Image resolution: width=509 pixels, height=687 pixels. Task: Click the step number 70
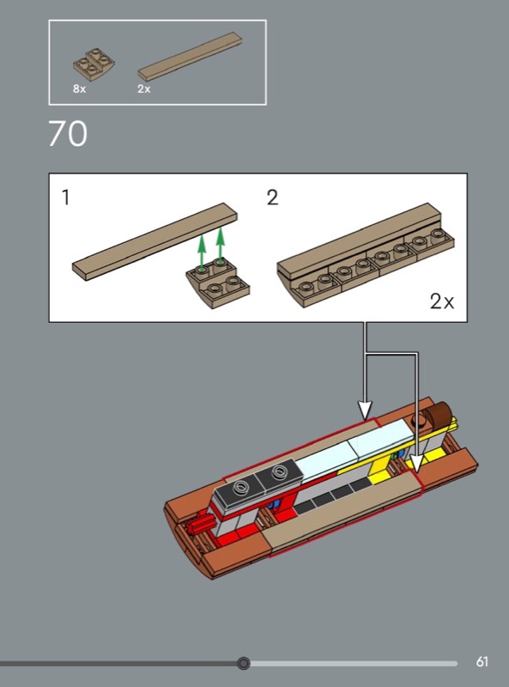click(x=68, y=134)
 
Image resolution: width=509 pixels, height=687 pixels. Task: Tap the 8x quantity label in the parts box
click(x=79, y=89)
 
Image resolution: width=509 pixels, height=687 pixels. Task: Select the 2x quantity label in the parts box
click(x=143, y=89)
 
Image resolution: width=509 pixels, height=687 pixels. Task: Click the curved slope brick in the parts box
click(x=94, y=64)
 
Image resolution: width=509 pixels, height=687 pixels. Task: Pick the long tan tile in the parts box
click(x=190, y=57)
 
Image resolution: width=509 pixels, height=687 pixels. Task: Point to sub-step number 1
click(x=66, y=198)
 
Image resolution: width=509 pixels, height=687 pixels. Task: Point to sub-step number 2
click(x=272, y=198)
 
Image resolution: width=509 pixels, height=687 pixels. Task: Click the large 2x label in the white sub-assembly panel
click(x=441, y=301)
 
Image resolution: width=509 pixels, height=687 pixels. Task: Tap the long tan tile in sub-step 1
click(x=155, y=241)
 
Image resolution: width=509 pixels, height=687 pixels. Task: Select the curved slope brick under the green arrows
click(x=218, y=283)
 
